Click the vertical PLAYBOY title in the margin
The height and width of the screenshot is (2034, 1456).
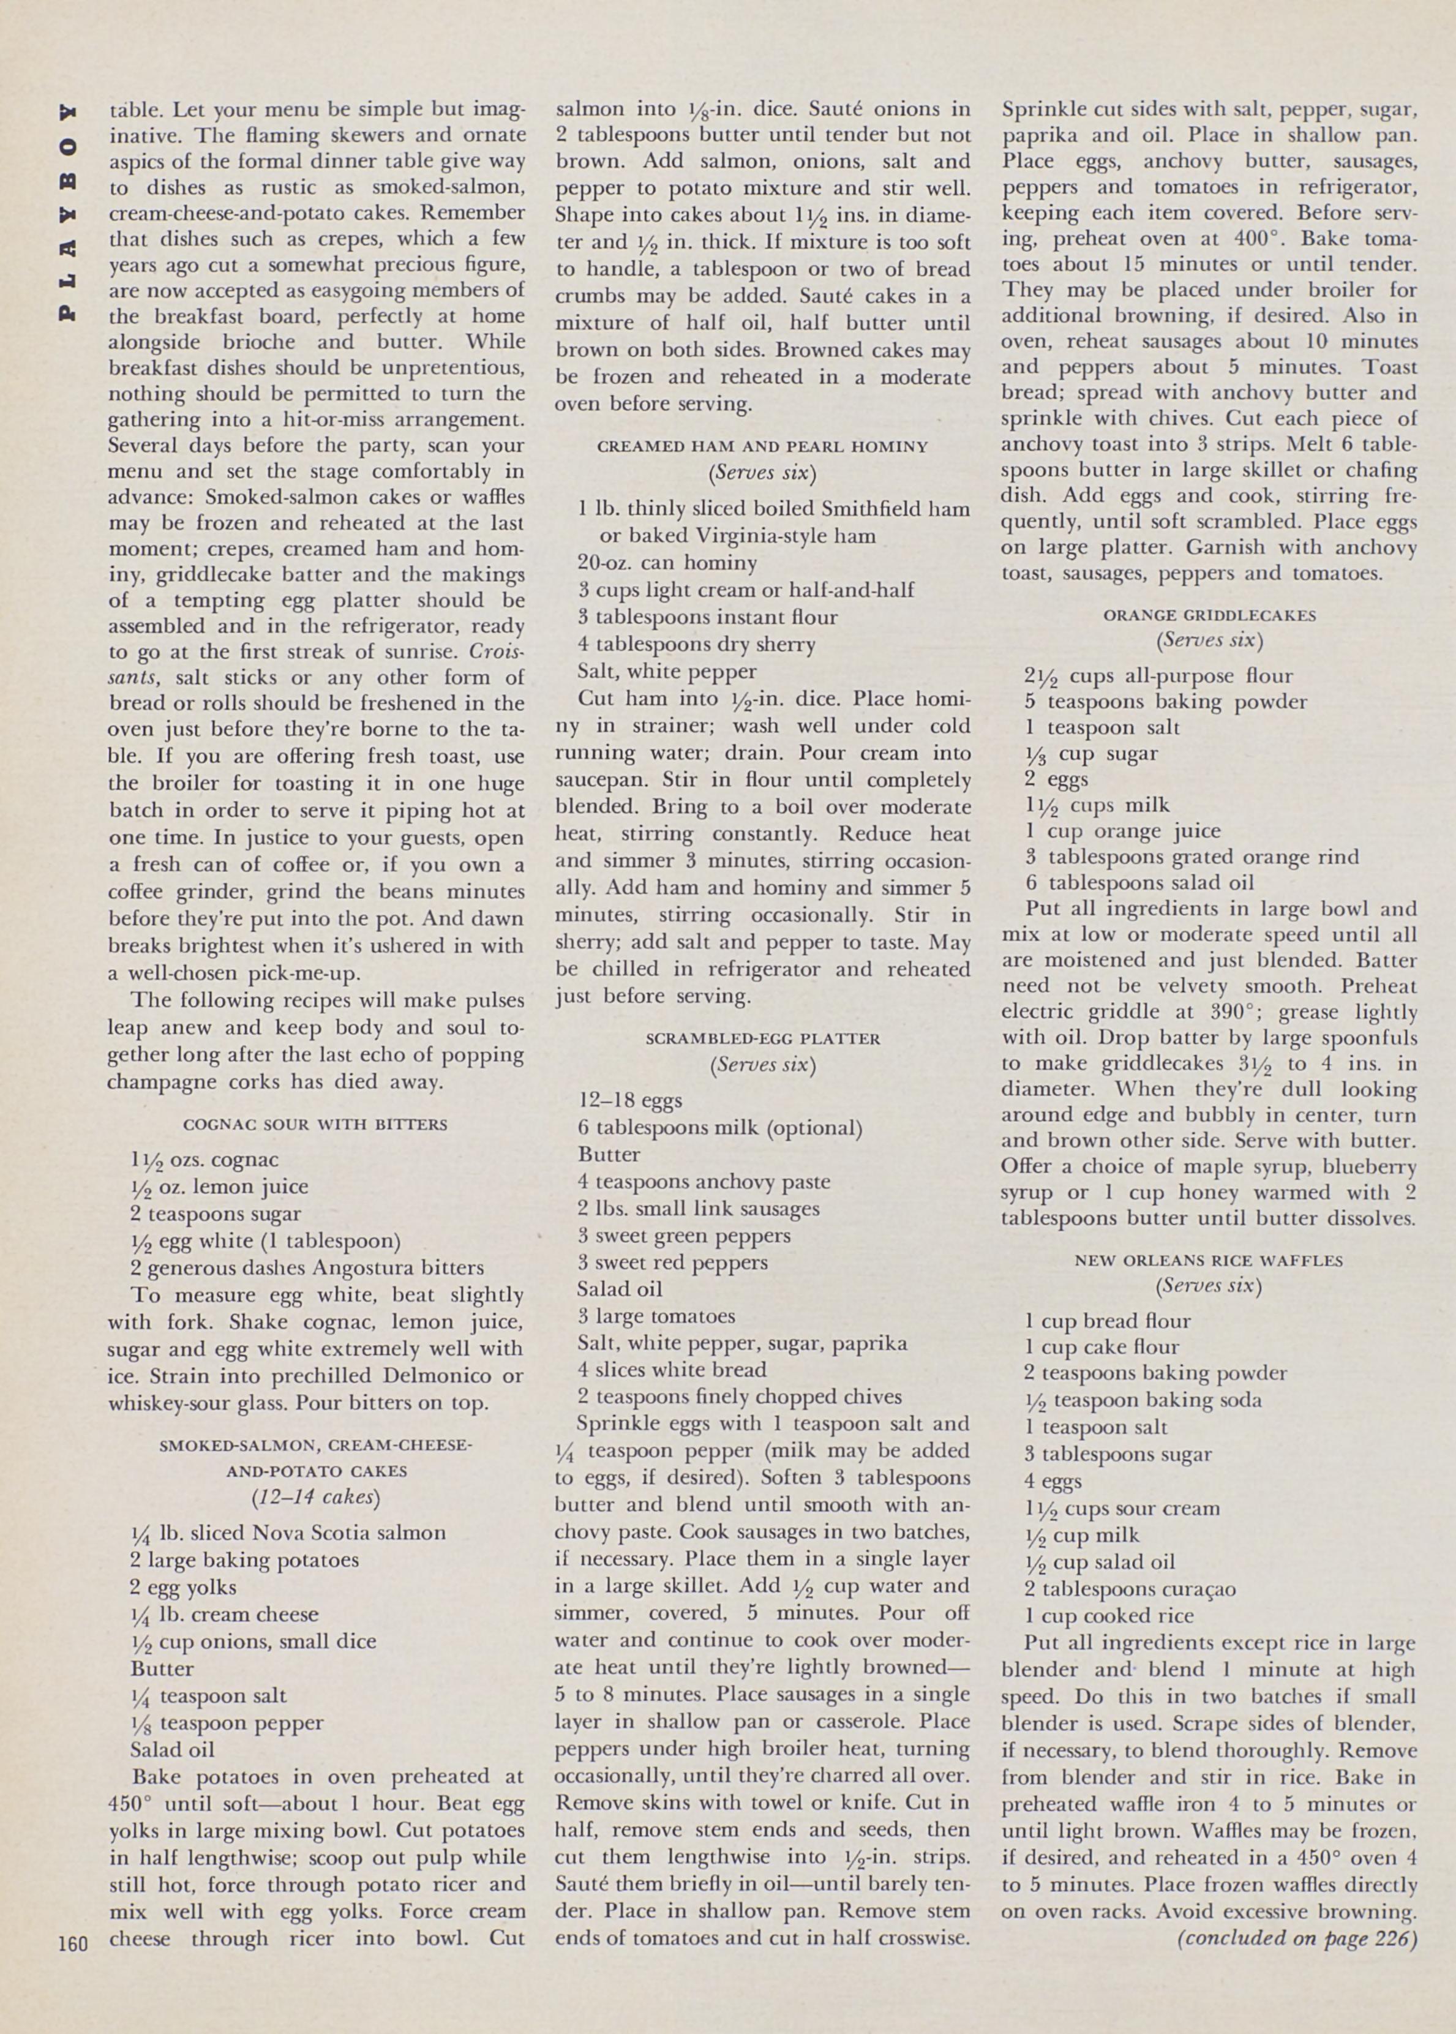pyautogui.click(x=68, y=212)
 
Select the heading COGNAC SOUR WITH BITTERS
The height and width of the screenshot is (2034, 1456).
pyautogui.click(x=315, y=1124)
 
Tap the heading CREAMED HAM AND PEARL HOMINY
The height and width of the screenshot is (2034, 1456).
pyautogui.click(x=762, y=446)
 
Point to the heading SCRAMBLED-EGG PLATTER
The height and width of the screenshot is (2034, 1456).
pyautogui.click(x=762, y=1039)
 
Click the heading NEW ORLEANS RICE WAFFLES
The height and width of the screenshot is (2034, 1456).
pyautogui.click(x=1209, y=1259)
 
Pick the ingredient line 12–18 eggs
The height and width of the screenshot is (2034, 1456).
pyautogui.click(x=629, y=1100)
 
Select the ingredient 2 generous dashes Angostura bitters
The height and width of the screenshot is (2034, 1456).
pyautogui.click(x=307, y=1267)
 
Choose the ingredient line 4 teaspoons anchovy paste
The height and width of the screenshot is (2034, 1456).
pyautogui.click(x=704, y=1182)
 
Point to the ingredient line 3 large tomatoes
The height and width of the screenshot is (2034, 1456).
pyautogui.click(x=656, y=1316)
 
